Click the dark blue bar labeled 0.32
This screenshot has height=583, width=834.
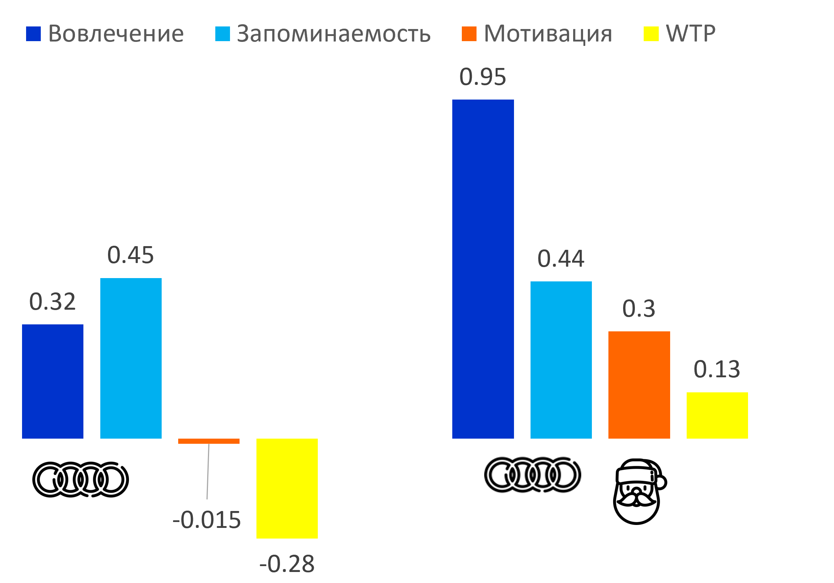[53, 381]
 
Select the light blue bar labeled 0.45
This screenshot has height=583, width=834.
[131, 358]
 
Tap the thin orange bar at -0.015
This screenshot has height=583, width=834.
[209, 441]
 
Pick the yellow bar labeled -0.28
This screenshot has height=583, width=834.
[287, 488]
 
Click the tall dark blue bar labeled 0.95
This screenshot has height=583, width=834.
[483, 269]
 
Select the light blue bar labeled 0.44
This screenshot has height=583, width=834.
[561, 360]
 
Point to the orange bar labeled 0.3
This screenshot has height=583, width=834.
[639, 385]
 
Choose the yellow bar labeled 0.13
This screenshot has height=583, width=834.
[717, 415]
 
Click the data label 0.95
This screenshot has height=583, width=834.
[482, 77]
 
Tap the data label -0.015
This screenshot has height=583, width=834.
[206, 520]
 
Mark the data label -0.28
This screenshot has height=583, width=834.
[287, 564]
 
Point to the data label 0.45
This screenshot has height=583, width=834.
[130, 255]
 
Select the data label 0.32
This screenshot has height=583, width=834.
[53, 302]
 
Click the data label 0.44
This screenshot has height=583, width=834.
[561, 259]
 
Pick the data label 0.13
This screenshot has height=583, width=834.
[717, 369]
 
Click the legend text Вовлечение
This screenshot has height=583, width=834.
[116, 34]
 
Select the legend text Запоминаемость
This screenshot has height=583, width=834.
[334, 34]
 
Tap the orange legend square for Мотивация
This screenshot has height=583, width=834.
[469, 34]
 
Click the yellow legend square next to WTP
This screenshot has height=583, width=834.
[651, 34]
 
